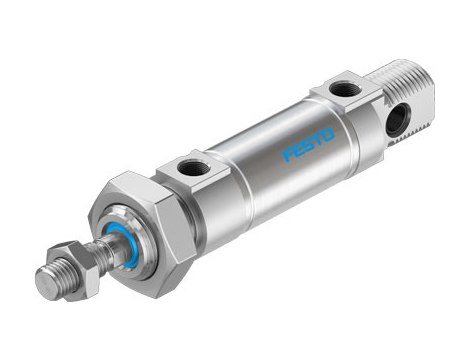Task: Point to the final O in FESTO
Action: pyautogui.click(x=329, y=128)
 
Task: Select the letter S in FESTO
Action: pyautogui.click(x=308, y=142)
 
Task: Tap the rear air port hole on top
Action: pyautogui.click(x=342, y=89)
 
